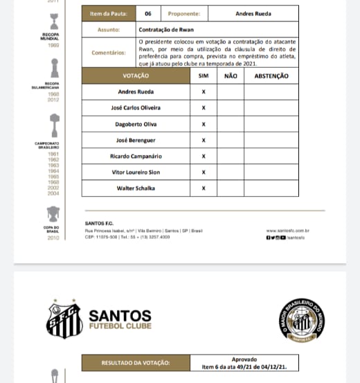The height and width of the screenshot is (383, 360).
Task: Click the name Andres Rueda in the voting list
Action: tap(136, 92)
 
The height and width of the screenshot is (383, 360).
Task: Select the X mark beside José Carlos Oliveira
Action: tap(204, 108)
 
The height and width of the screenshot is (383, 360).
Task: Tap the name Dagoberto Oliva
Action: tap(136, 124)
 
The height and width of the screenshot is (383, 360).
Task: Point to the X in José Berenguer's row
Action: tap(204, 140)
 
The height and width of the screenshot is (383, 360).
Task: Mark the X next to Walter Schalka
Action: tap(204, 188)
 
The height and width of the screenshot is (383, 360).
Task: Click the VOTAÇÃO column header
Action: tap(136, 75)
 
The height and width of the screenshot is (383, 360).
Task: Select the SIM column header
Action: tap(203, 75)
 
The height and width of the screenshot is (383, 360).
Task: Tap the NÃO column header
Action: tap(231, 75)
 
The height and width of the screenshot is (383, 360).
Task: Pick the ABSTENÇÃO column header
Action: tap(271, 75)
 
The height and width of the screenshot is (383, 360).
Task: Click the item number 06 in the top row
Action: tap(148, 13)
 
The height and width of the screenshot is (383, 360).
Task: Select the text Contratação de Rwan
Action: tap(167, 29)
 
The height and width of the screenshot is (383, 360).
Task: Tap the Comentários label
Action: tap(109, 53)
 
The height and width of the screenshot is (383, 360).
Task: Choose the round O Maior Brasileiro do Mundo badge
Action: tap(302, 320)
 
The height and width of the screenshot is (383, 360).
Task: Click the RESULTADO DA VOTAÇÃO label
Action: tap(136, 362)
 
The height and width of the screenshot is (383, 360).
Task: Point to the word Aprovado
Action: tap(244, 359)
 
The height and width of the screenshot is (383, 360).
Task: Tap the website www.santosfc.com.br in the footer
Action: tap(287, 231)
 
